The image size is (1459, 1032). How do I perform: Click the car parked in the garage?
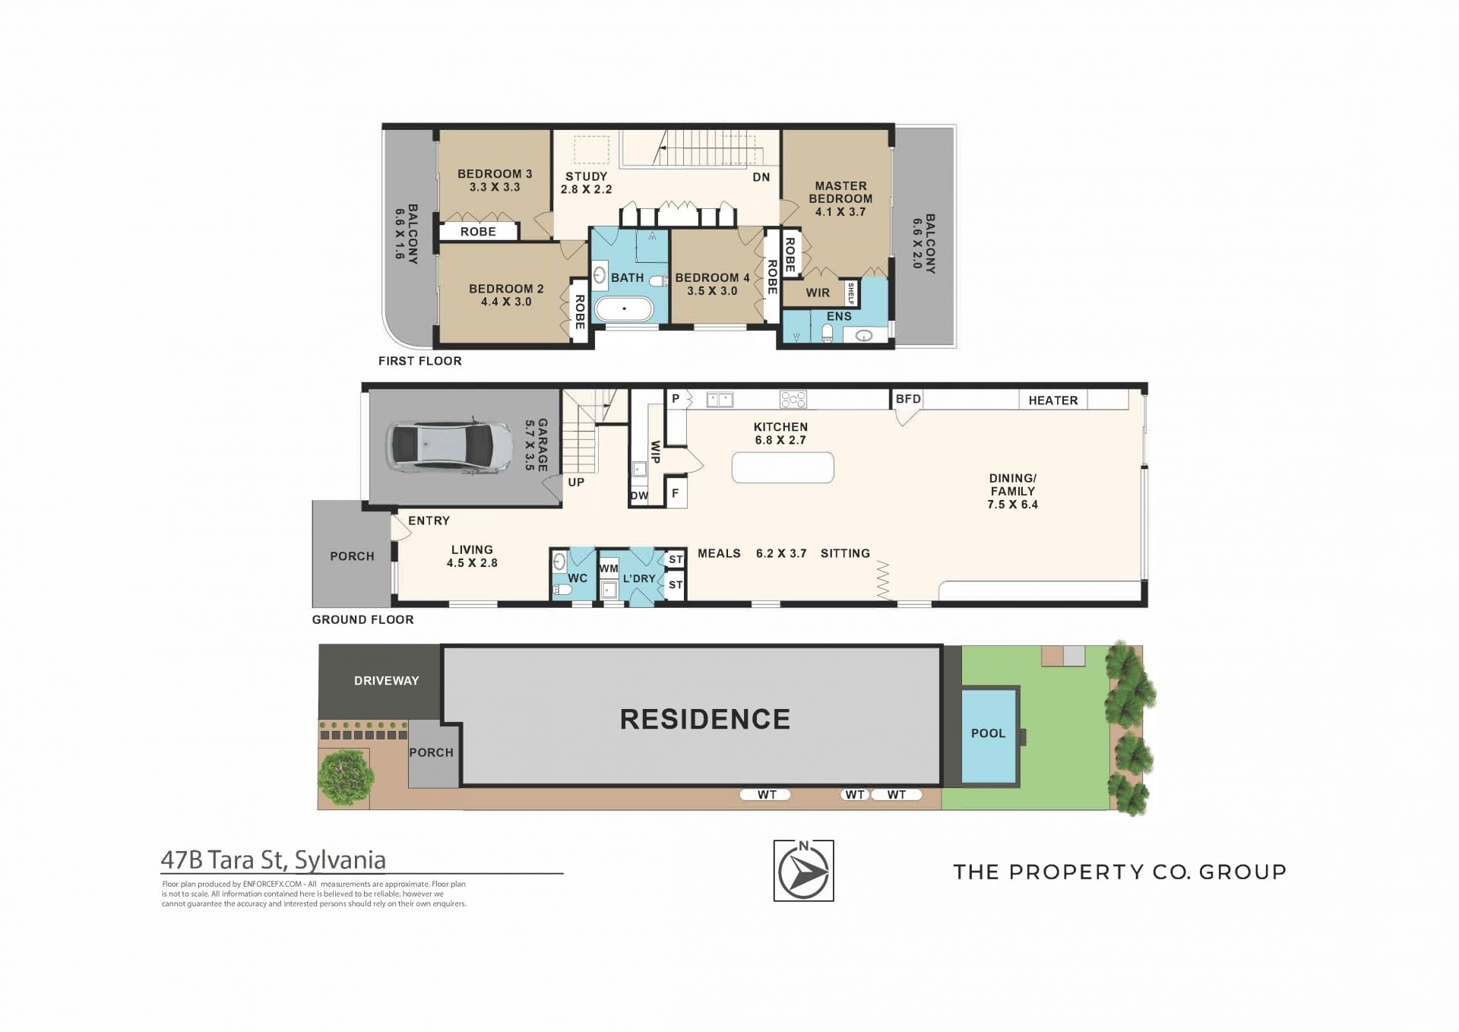tap(450, 448)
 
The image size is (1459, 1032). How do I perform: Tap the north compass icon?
tap(803, 870)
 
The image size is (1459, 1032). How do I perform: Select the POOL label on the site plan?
tap(988, 733)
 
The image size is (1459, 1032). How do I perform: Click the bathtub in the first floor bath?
tap(624, 309)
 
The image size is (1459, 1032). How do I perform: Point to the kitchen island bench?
tap(783, 467)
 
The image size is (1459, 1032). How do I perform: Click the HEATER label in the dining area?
tap(1053, 400)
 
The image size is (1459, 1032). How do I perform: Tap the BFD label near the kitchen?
tap(908, 399)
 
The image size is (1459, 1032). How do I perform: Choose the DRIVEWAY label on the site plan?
tap(386, 681)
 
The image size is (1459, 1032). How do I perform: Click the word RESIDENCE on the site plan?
tap(705, 719)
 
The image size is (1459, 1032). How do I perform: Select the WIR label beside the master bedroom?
tap(818, 293)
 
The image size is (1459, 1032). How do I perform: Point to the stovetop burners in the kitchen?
tap(793, 399)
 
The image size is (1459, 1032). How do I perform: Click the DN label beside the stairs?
tap(761, 177)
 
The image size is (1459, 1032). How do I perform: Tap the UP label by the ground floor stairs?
tap(576, 482)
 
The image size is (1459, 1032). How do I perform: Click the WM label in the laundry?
tap(609, 568)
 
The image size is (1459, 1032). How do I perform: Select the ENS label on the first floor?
tap(839, 316)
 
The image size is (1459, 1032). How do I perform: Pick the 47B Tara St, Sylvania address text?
tap(274, 859)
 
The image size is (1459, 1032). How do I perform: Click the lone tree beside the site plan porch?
tap(346, 777)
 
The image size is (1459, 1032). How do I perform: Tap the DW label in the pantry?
tap(639, 496)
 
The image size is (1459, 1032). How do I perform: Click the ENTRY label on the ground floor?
tap(429, 521)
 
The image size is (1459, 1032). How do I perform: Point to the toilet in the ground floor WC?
tap(562, 589)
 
